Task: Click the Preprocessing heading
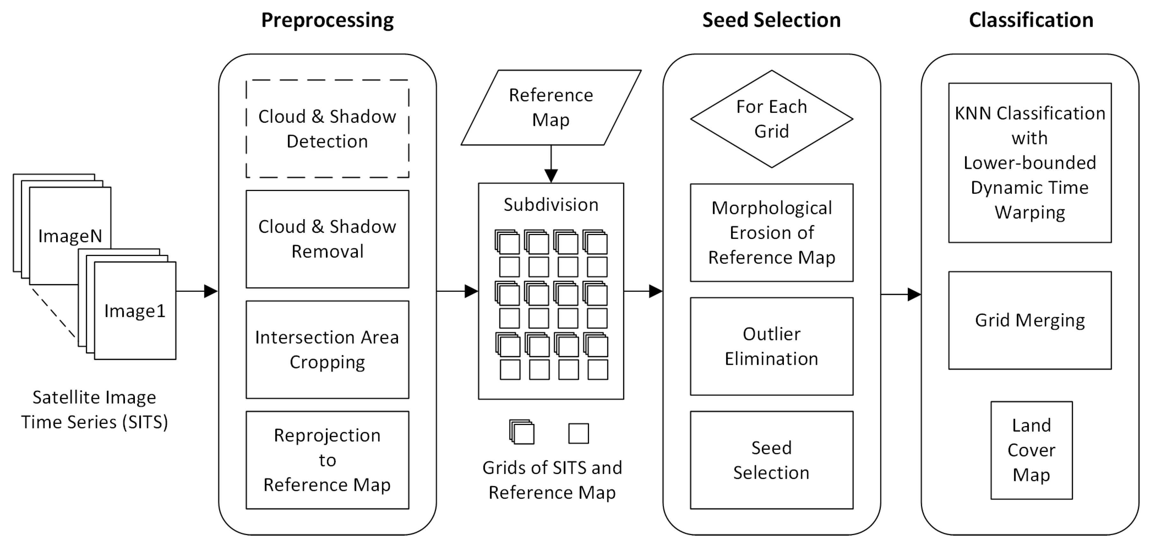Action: pyautogui.click(x=327, y=20)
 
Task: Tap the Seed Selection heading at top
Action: pyautogui.click(x=771, y=20)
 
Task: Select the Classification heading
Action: pyautogui.click(x=1031, y=20)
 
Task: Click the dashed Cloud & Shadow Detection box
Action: pyautogui.click(x=327, y=129)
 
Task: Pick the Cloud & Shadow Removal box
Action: pyautogui.click(x=327, y=239)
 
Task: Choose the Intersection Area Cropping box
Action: pyautogui.click(x=327, y=350)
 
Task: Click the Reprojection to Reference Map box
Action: pyautogui.click(x=327, y=460)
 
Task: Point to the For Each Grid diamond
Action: pyautogui.click(x=771, y=119)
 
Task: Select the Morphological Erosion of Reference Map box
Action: pyautogui.click(x=771, y=233)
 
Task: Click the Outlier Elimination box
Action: pyautogui.click(x=771, y=346)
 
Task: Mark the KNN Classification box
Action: pyautogui.click(x=1030, y=163)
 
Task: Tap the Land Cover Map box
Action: pyautogui.click(x=1031, y=450)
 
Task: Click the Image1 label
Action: pyautogui.click(x=135, y=311)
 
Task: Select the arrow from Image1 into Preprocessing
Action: pyautogui.click(x=196, y=292)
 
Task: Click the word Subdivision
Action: pyautogui.click(x=551, y=205)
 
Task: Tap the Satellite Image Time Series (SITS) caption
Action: pyautogui.click(x=94, y=409)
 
